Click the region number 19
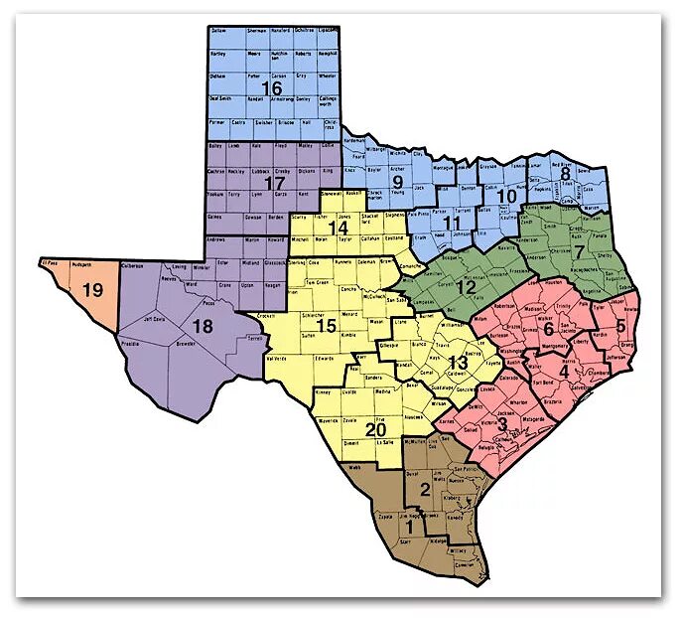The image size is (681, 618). tap(93, 290)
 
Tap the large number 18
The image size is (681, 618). tap(203, 327)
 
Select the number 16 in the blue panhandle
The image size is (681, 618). tap(271, 90)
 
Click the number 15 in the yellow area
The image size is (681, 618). tap(327, 326)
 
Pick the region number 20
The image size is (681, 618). tap(376, 429)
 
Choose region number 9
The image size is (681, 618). tap(397, 182)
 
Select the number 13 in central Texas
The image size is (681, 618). tap(458, 362)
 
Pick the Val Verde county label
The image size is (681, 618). tap(287, 359)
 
